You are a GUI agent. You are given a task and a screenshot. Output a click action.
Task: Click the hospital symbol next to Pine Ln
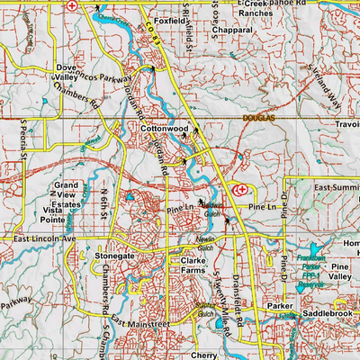coord(239,190)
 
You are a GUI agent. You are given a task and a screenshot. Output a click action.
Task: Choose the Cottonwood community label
coord(163,130)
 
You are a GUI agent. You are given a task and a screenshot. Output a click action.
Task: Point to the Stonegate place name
coord(114,256)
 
